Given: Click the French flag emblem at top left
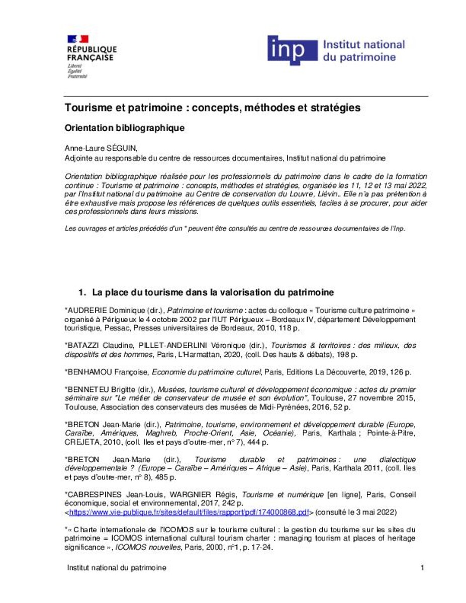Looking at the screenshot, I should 77,39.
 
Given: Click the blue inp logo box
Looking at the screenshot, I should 292,51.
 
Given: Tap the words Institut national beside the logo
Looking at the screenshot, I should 363,44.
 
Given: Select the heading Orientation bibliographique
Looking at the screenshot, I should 125,128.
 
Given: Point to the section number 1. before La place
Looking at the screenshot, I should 82,292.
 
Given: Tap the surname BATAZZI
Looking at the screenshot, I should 84,345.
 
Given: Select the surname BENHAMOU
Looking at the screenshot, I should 89,372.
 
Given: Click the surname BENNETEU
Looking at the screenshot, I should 88,389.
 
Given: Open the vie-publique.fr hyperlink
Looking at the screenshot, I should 189,513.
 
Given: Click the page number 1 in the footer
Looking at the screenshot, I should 422,568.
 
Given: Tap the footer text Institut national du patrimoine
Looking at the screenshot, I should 117,568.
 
